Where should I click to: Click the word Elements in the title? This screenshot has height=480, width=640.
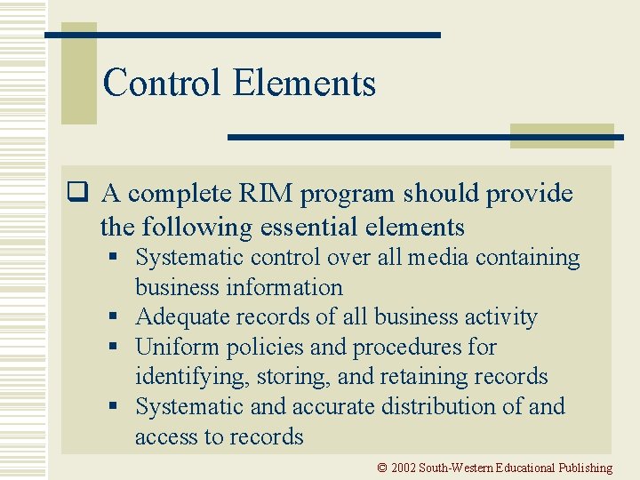304,84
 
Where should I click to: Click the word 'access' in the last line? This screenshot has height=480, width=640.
164,436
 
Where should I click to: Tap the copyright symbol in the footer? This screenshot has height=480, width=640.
381,468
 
